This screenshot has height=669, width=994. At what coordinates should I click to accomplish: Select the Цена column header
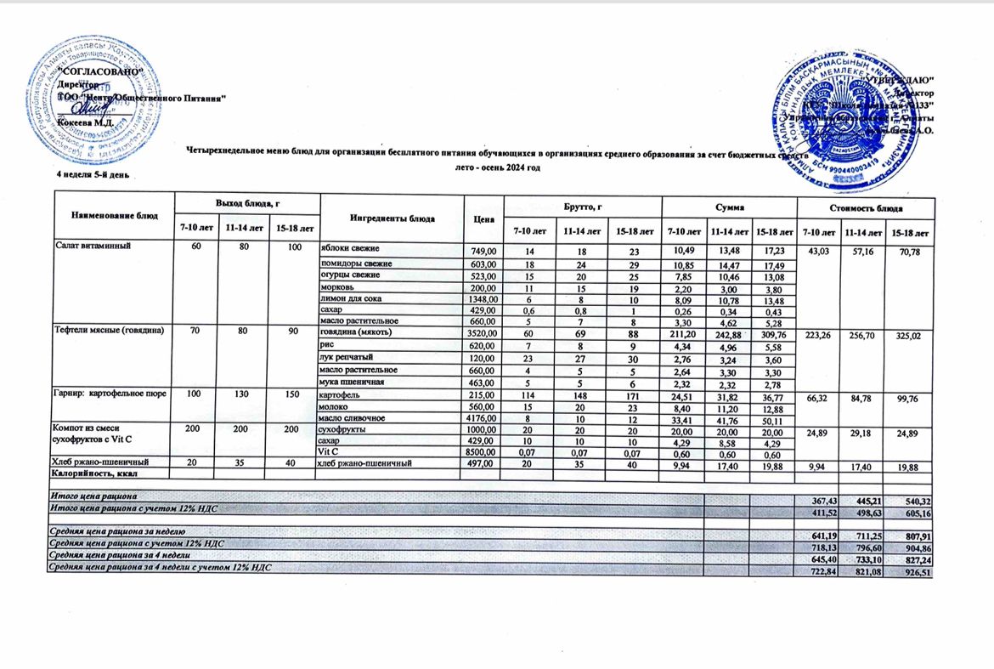tap(485, 219)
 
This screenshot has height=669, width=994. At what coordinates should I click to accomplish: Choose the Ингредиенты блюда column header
tap(392, 219)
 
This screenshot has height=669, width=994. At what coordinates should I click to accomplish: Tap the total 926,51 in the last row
tap(911, 574)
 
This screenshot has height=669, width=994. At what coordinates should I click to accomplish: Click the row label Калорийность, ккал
tap(95, 473)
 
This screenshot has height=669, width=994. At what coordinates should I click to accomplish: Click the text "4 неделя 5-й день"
tap(93, 175)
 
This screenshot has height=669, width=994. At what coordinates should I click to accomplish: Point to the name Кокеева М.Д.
tap(85, 124)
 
